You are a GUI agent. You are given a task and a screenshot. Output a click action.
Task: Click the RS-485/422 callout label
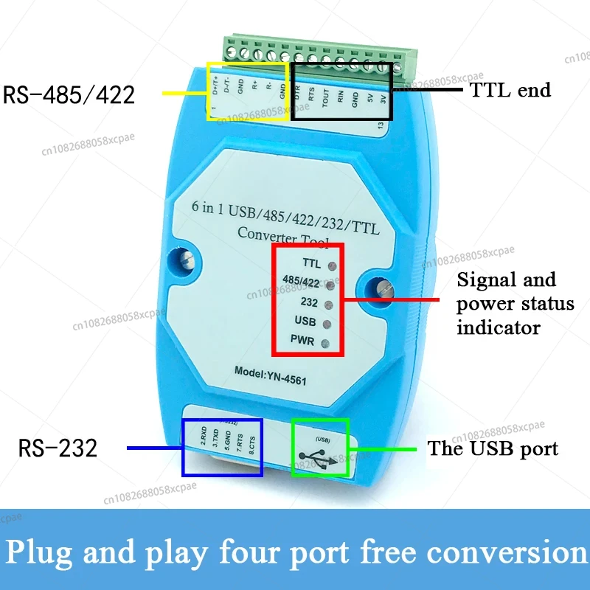click(x=69, y=94)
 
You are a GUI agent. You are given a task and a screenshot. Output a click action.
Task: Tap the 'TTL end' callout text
click(x=510, y=90)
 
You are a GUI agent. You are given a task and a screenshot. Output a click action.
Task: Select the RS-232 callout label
click(x=58, y=448)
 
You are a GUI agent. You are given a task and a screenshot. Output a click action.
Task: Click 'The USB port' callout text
click(x=493, y=448)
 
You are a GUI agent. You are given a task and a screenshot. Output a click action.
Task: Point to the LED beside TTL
click(x=332, y=265)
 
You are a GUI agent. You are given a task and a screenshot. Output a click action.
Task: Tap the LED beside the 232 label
click(x=329, y=304)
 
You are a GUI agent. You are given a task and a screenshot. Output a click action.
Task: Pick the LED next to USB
click(x=326, y=324)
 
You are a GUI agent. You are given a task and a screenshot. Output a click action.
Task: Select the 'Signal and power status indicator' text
click(x=507, y=303)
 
